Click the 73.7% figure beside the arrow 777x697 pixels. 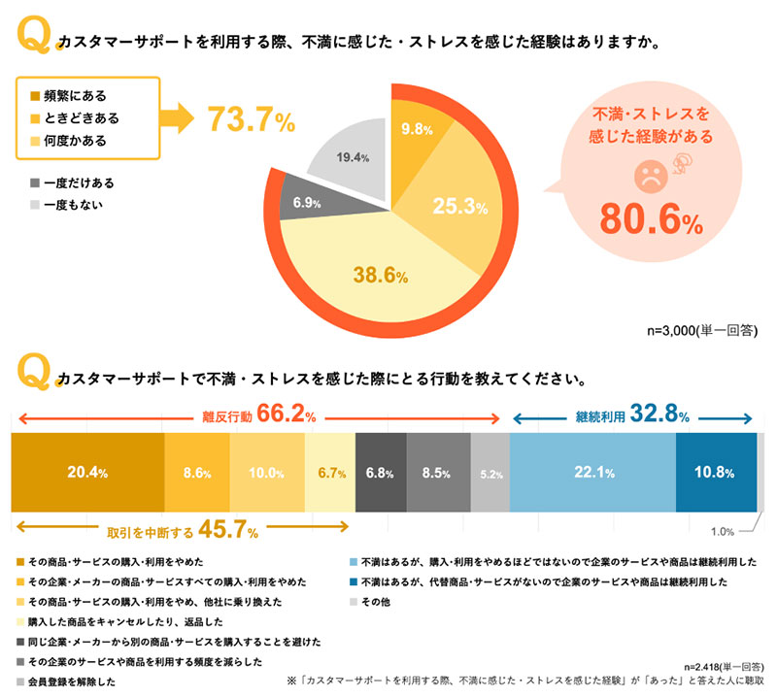click(251, 119)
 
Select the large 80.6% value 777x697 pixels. click(651, 221)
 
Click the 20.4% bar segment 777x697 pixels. click(86, 473)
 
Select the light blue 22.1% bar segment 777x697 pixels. click(591, 473)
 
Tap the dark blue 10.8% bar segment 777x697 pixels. click(715, 473)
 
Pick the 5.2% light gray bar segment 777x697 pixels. click(490, 473)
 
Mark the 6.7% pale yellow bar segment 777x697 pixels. click(330, 473)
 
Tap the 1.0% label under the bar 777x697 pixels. click(722, 531)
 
